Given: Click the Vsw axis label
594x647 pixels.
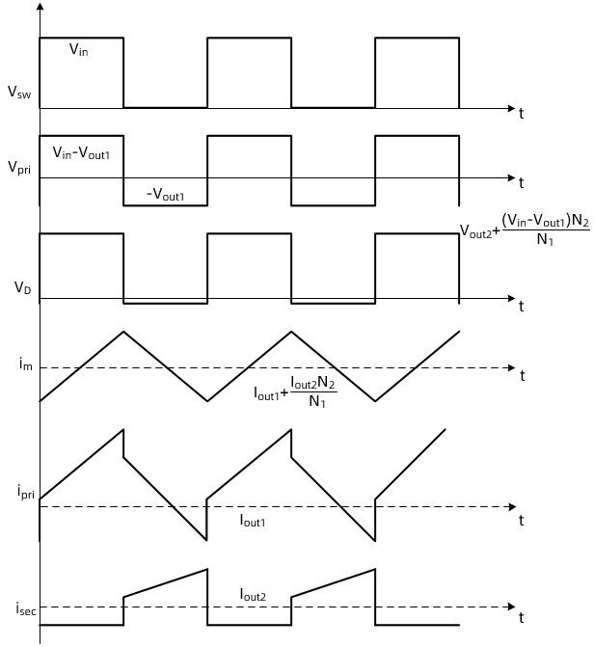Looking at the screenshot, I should pos(17,94).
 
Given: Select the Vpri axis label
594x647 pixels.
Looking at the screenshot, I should pos(17,167).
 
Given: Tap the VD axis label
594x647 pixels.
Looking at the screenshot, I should pos(19,286).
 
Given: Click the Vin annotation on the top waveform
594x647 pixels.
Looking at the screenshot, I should pos(78,50).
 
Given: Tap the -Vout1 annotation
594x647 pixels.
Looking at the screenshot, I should pos(165,196).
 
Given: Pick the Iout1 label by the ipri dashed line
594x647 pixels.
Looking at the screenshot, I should pos(253,520).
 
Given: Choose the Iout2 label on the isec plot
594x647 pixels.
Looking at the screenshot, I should pos(254,595).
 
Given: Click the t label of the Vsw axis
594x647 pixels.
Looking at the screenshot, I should pos(522,114).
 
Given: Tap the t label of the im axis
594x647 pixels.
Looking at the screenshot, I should pos(522,374).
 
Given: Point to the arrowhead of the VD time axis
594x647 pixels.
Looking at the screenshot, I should pos(510,299).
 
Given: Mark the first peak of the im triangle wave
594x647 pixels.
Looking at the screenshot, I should pos(123,331).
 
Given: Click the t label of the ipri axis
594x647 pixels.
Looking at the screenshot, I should pos(522,520).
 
